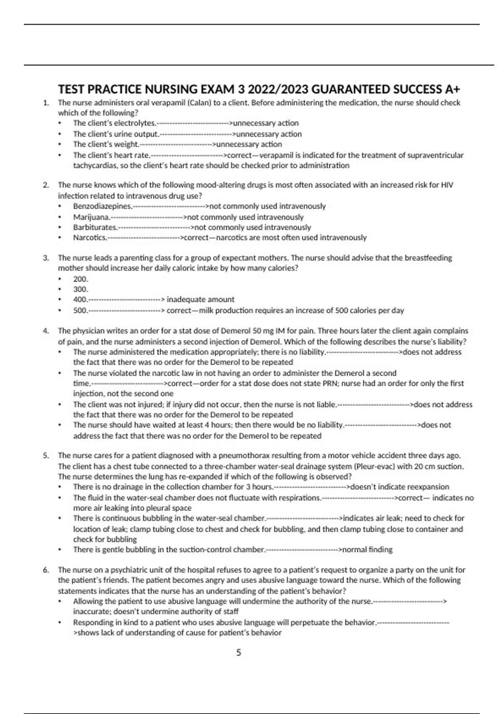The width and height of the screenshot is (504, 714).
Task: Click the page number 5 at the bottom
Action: point(239,652)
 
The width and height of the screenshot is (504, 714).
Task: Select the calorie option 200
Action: point(81,279)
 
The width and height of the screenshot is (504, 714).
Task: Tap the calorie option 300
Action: point(81,289)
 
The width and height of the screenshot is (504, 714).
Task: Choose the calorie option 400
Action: point(80,299)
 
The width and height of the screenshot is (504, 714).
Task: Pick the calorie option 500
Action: point(80,310)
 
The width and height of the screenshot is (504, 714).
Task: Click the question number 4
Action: point(46,331)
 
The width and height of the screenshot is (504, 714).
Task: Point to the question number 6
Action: point(46,570)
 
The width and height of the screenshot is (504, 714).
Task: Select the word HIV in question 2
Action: point(447,185)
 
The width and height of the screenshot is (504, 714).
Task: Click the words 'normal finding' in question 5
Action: point(367,549)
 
